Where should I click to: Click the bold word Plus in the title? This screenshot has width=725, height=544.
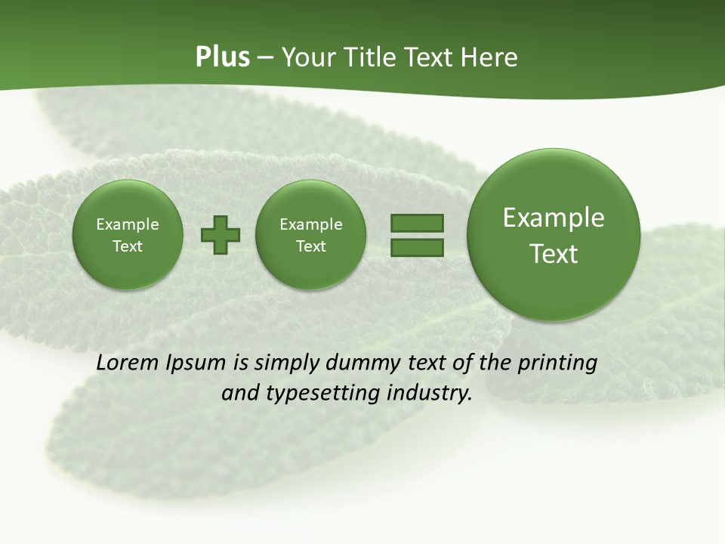(x=222, y=57)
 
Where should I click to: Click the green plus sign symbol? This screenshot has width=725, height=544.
(x=221, y=235)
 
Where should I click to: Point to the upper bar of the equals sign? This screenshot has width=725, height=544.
(x=417, y=223)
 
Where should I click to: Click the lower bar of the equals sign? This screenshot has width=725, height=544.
(x=417, y=247)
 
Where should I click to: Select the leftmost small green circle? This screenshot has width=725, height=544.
(x=128, y=235)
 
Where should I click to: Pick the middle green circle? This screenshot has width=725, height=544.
(x=310, y=235)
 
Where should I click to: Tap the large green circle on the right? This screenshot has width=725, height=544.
(x=554, y=235)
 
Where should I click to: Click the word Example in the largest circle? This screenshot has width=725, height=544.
(x=554, y=218)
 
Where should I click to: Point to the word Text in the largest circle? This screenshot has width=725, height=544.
(x=554, y=254)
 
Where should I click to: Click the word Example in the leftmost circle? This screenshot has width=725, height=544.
(x=128, y=224)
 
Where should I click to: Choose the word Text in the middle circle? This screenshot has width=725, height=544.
(x=310, y=246)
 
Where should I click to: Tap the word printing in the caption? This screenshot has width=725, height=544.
(x=557, y=363)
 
